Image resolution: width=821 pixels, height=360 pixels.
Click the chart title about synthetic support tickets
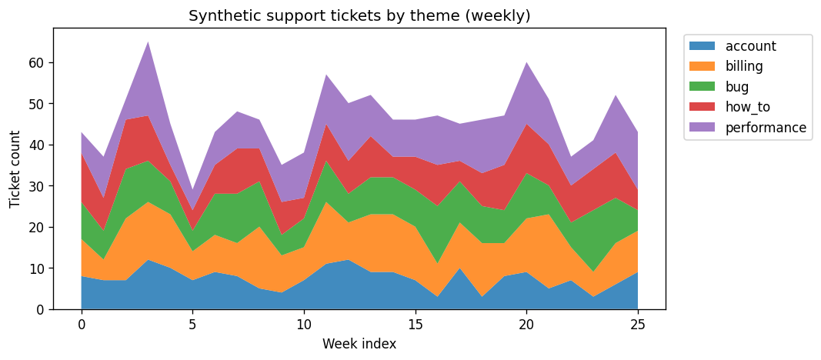[x=359, y=16]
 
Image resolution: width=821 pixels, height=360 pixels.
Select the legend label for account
[x=750, y=46]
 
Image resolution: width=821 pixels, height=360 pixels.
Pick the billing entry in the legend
[x=746, y=67]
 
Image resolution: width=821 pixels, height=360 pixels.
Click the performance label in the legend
[x=766, y=128]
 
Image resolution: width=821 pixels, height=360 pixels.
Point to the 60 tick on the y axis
[x=38, y=62]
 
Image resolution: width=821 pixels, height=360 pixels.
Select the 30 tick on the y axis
[x=38, y=186]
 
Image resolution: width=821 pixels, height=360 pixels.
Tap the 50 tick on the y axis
[x=38, y=104]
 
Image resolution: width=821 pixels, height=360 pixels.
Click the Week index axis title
[x=359, y=344]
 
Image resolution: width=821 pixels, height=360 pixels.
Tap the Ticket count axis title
[x=15, y=168]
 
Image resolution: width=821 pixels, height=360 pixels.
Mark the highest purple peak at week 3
[x=148, y=43]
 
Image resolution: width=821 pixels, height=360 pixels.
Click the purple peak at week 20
[x=526, y=64]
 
